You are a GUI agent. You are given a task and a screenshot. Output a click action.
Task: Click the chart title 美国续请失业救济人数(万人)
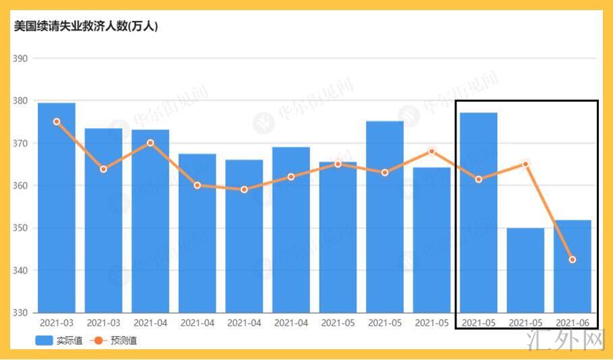86,27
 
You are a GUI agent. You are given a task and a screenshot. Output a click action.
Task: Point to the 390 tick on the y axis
20,59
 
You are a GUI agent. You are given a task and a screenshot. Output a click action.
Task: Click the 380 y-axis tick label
20,101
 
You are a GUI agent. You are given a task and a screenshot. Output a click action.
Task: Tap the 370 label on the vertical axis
20,144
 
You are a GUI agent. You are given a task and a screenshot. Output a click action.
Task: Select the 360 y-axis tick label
20,185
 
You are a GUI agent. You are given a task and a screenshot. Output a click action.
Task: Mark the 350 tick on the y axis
20,228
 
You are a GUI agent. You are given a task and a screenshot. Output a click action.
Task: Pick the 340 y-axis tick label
20,270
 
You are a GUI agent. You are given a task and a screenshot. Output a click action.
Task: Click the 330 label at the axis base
20,313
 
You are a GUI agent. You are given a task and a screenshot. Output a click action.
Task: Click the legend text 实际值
69,341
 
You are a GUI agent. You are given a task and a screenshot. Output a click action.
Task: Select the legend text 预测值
123,341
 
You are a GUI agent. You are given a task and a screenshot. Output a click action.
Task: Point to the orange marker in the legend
99,341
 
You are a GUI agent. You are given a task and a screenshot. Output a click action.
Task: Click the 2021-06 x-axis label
572,324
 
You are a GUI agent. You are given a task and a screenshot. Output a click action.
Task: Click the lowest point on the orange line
573,260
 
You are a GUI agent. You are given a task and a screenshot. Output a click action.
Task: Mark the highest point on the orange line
57,122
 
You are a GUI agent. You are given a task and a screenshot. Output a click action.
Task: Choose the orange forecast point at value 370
150,143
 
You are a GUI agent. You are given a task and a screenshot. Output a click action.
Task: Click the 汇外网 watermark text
573,341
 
